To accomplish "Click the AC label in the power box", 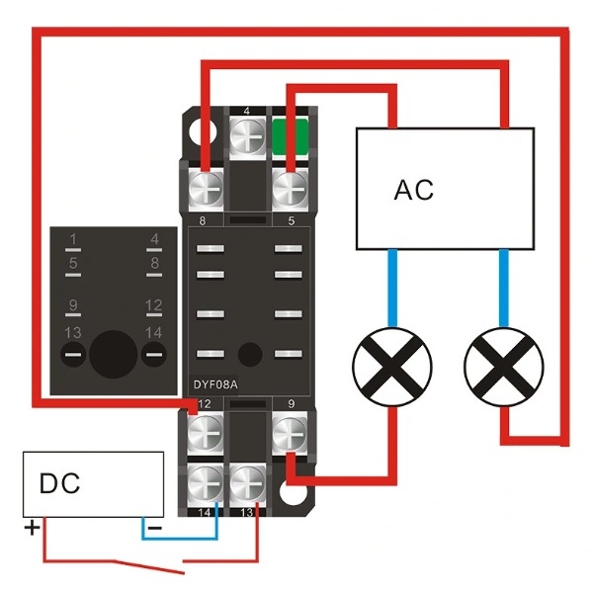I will click(x=413, y=189).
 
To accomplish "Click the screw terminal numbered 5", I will click(x=288, y=186).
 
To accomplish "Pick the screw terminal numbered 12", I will click(x=205, y=432).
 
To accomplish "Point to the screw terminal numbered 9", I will click(x=288, y=432).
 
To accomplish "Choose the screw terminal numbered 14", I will click(x=205, y=483).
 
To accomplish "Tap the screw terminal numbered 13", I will click(x=246, y=483).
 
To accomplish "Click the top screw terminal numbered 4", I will click(x=246, y=133).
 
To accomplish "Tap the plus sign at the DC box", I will click(x=33, y=528).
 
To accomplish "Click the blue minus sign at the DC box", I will click(x=154, y=529).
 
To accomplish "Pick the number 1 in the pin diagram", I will click(x=72, y=238).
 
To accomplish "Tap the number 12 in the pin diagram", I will click(x=153, y=305).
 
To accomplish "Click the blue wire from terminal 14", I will click(x=183, y=539).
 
